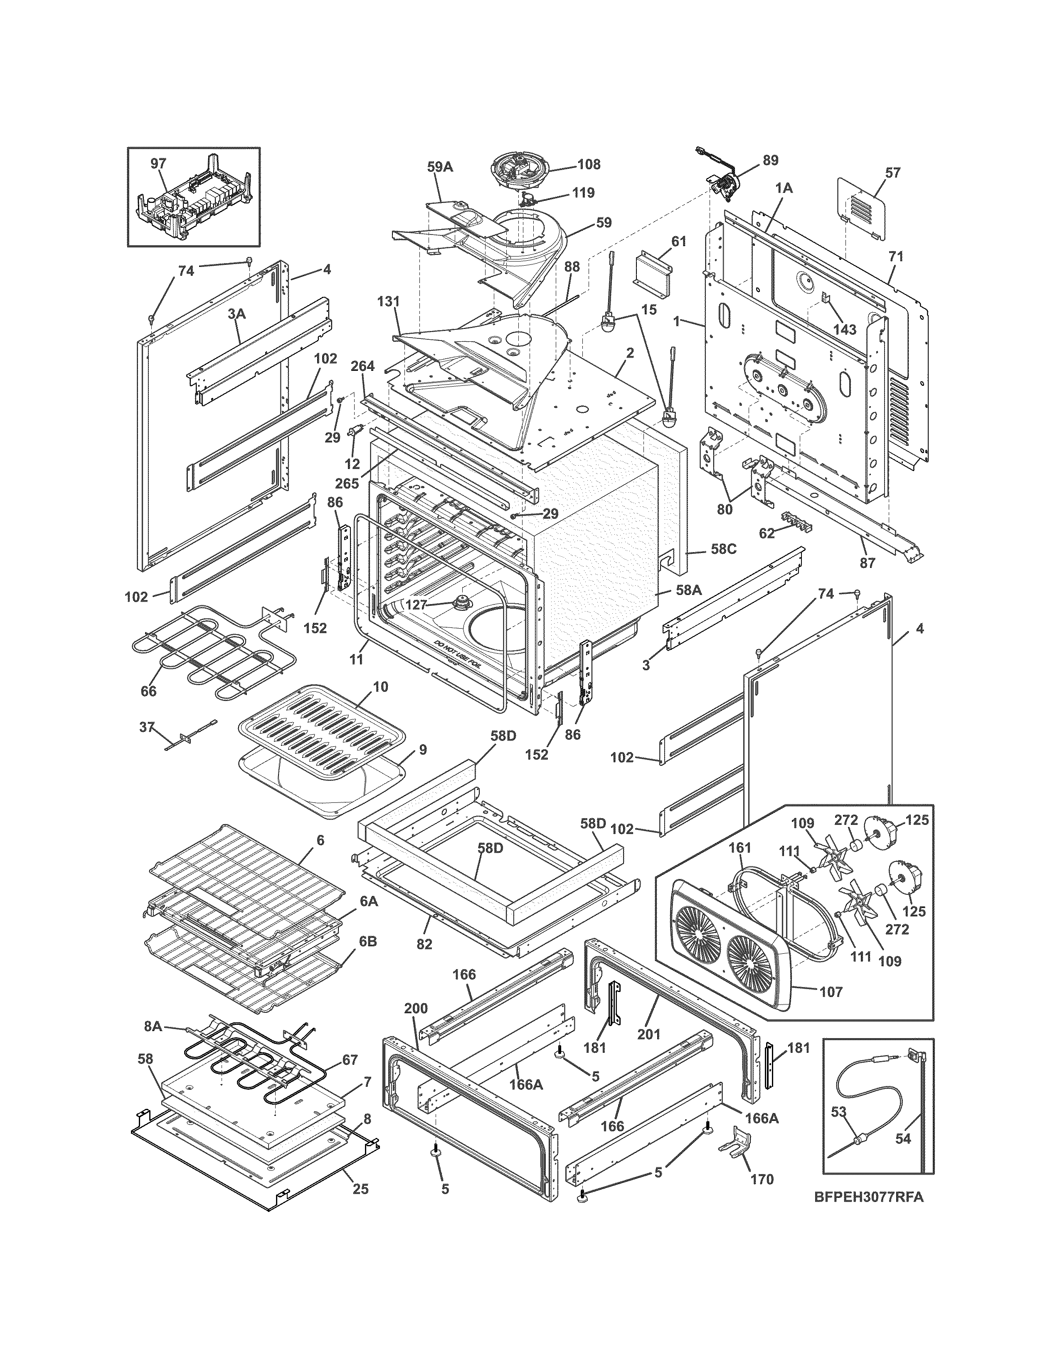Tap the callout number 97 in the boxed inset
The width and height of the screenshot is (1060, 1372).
click(x=158, y=164)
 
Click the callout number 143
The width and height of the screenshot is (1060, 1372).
click(x=845, y=330)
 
